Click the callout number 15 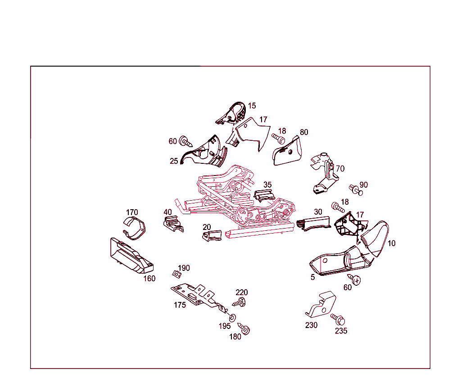coord(252,106)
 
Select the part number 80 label coord(304,132)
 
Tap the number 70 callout coord(340,169)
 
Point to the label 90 coord(364,185)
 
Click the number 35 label coord(267,185)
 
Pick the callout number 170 coord(132,212)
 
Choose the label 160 coord(149,279)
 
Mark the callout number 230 coord(312,325)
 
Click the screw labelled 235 coord(338,319)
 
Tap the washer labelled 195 coord(232,318)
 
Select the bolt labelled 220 coord(239,302)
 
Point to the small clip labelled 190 coord(176,274)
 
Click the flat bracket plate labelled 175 coord(199,296)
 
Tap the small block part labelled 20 coord(212,236)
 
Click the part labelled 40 coord(173,224)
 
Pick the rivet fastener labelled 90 coord(356,190)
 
